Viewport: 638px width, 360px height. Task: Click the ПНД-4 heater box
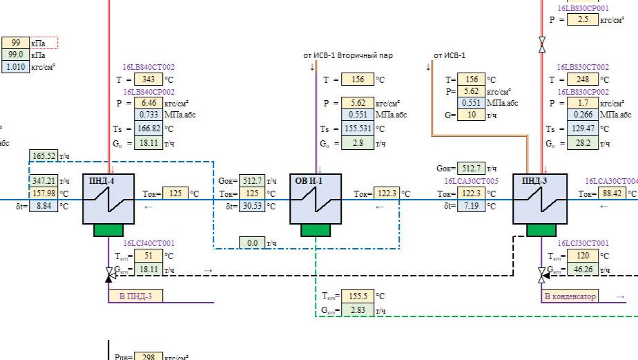(x=103, y=199)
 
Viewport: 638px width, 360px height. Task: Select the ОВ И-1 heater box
(x=316, y=199)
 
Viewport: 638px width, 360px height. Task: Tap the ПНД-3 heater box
(x=540, y=199)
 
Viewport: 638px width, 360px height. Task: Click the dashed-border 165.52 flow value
(x=43, y=157)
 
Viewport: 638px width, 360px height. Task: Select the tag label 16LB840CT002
(x=149, y=68)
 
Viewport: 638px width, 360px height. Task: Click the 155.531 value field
(x=357, y=129)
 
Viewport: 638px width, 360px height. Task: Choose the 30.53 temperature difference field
(x=251, y=206)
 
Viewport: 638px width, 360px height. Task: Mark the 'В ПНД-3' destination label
(x=135, y=296)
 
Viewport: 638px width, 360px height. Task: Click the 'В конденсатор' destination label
(x=570, y=296)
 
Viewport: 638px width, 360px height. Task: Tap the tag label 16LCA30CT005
(x=472, y=181)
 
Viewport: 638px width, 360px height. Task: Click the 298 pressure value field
(x=146, y=357)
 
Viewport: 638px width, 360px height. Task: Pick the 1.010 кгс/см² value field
(x=15, y=67)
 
